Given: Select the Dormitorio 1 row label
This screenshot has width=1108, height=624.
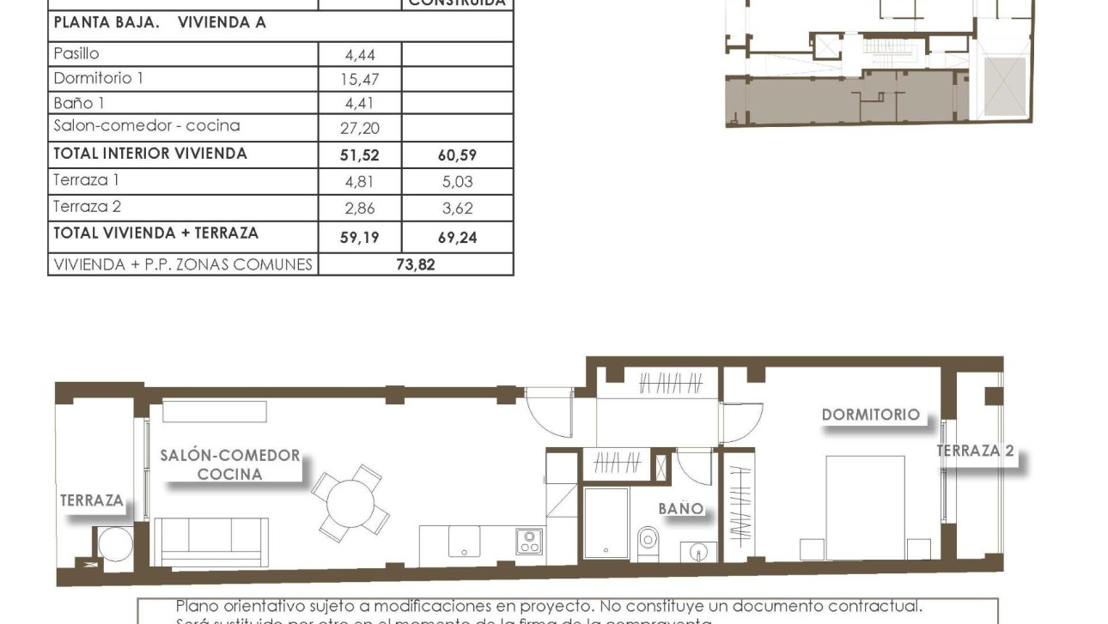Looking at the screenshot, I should [98, 78].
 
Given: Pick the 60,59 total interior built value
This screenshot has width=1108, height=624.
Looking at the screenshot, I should [457, 155].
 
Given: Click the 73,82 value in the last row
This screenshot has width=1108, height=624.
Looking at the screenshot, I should [415, 264].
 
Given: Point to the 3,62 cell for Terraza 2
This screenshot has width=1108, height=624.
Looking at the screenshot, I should [457, 209].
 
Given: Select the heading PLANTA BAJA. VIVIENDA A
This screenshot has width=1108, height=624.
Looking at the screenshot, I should [160, 23].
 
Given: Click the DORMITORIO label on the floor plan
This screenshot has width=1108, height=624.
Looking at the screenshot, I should [870, 415].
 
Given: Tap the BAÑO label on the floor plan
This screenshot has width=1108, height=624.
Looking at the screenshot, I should [680, 509].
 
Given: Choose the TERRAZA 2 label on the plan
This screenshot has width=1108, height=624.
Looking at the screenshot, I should [975, 451].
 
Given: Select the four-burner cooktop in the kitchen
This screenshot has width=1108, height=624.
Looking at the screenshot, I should [528, 541].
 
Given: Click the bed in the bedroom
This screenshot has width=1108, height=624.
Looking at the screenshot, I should [865, 506].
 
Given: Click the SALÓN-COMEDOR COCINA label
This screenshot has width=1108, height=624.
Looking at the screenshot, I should [230, 464].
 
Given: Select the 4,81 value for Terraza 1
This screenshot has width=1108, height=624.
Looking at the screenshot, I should [360, 182].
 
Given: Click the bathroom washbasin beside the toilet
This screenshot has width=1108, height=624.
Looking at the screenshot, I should [697, 550].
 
